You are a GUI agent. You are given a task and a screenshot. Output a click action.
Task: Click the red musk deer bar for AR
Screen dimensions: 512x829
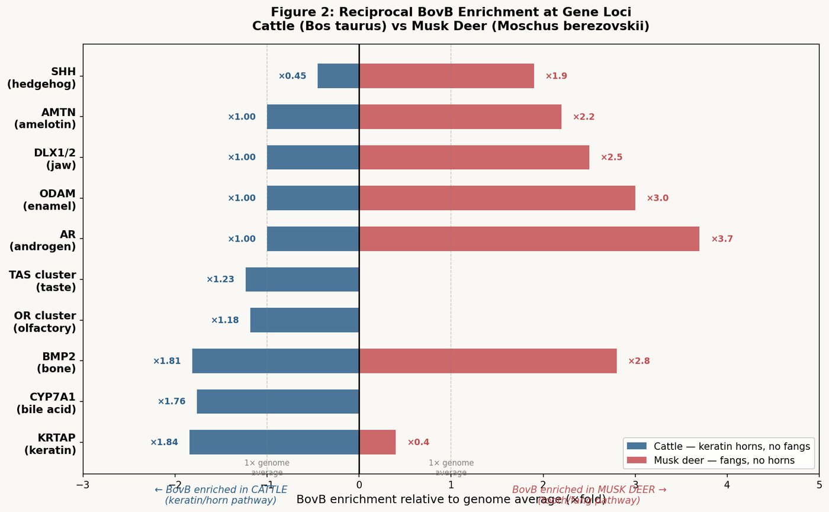coord(529,239)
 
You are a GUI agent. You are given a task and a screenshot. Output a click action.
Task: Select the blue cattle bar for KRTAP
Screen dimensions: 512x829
coord(274,442)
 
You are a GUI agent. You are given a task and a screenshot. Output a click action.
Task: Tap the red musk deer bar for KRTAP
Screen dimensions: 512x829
coord(377,442)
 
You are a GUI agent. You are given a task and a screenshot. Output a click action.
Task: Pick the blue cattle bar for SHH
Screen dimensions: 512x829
coord(338,76)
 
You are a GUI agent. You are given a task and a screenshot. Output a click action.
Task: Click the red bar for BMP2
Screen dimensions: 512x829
coord(487,360)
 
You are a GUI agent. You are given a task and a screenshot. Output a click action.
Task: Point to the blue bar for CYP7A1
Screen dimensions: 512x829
coord(278,401)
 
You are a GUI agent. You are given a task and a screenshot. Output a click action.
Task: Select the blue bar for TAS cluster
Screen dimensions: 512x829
coord(302,279)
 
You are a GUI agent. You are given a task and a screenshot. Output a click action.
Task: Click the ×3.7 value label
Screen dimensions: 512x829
coord(722,239)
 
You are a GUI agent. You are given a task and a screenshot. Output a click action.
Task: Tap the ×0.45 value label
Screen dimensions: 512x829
coord(292,76)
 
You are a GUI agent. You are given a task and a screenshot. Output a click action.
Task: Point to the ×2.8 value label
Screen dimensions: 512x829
coord(639,361)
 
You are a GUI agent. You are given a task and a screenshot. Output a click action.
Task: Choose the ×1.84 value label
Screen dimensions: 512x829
coord(164,442)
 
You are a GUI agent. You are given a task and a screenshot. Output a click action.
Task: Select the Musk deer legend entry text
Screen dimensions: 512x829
coord(724,460)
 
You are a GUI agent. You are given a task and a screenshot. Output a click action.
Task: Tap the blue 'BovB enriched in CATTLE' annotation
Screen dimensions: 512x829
coord(220,495)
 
